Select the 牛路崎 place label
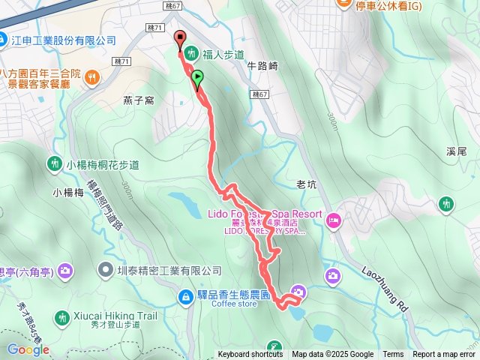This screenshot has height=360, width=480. pos(262,66)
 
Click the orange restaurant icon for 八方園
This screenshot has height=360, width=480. pos(91,75)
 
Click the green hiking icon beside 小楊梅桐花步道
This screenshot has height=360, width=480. pos(55,163)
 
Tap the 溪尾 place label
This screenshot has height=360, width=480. pos(456,151)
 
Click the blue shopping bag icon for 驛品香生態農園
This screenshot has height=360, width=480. pos(184,298)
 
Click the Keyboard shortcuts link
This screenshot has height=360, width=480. pos(250,355)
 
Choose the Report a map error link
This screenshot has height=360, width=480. pos(444,355)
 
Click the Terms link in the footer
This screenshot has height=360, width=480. pos(393,355)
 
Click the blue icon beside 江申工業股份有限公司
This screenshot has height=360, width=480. pos(4,40)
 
